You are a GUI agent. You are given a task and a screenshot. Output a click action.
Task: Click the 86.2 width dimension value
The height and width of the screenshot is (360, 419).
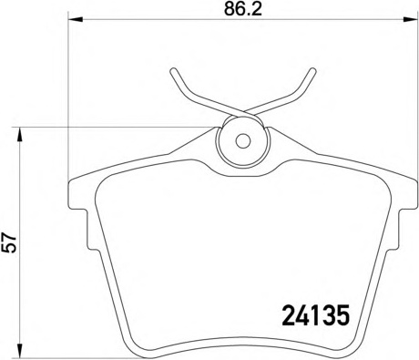pos(243,9)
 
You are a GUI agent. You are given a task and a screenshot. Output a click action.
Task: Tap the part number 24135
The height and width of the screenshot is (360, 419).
pos(316,315)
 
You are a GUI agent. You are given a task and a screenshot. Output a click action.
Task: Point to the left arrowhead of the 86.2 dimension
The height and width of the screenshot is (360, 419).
pos(76,20)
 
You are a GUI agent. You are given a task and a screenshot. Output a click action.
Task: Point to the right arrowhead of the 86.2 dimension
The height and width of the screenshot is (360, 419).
pos(411,20)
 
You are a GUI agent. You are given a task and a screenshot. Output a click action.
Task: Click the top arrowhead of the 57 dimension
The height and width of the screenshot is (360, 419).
pos(20,134)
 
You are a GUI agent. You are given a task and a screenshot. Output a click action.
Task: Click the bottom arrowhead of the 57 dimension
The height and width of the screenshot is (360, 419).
pos(20,352)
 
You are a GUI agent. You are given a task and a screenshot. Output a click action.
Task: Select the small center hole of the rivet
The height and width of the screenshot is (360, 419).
pos(243,141)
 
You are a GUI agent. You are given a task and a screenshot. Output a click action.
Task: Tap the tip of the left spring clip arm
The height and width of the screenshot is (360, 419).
pos(173,71)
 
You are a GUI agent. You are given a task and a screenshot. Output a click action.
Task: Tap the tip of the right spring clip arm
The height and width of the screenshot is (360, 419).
pos(313,71)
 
